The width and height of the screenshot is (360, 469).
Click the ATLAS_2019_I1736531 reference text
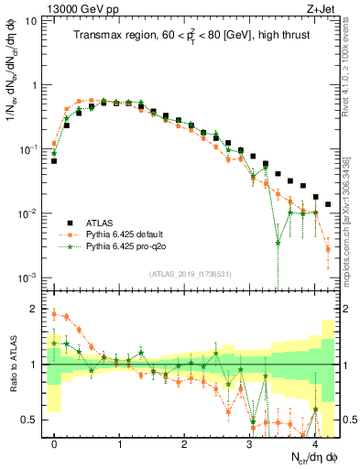pyautogui.click(x=191, y=273)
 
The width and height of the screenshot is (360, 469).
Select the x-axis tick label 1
pyautogui.click(x=119, y=444)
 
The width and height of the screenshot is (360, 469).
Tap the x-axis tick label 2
pyautogui.click(x=184, y=444)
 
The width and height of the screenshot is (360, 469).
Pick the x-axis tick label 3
pyautogui.click(x=249, y=444)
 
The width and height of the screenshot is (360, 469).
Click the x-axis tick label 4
pyautogui.click(x=314, y=444)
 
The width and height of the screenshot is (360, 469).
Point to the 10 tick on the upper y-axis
pyautogui.click(x=33, y=21)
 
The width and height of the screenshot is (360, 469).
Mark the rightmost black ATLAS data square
pyautogui.click(x=328, y=204)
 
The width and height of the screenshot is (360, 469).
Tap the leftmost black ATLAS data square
pyautogui.click(x=54, y=160)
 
